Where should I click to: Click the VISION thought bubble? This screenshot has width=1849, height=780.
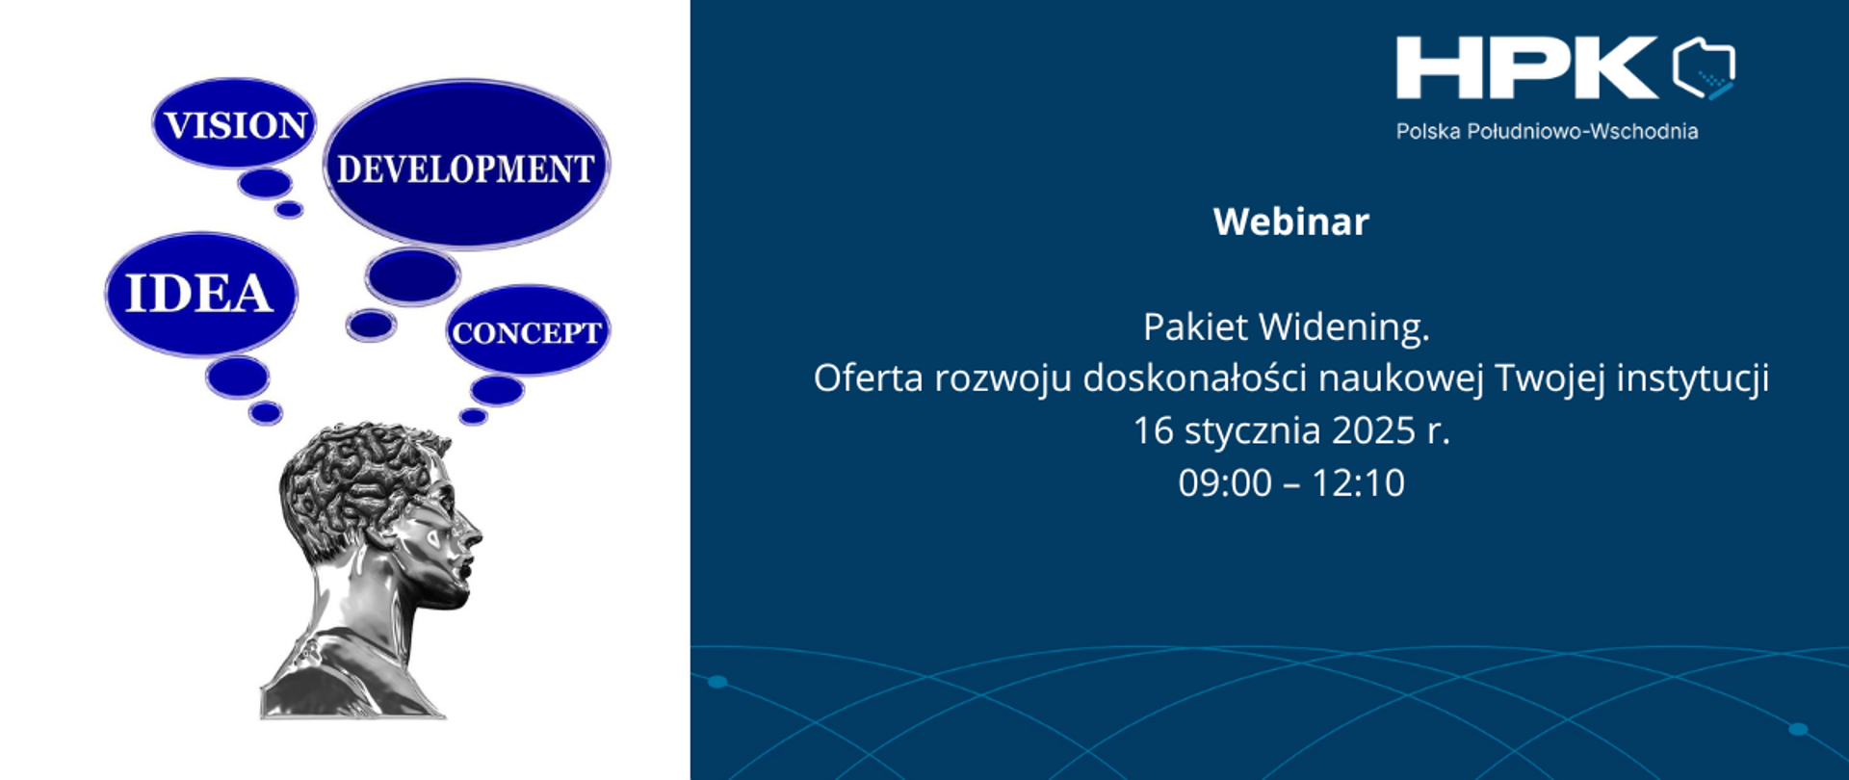point(234,124)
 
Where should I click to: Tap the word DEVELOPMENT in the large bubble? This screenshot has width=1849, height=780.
point(465,169)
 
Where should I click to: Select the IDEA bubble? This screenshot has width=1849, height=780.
point(199,293)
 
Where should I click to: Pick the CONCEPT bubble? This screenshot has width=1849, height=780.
point(527,332)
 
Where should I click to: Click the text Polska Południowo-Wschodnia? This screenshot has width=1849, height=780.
point(1547,132)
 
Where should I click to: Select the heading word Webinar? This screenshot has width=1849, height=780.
point(1290,222)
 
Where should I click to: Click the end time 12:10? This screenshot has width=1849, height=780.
point(1358,482)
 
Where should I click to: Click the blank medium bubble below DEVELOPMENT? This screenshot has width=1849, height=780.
point(412,276)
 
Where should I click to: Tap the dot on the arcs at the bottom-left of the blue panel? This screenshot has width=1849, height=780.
point(717,682)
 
